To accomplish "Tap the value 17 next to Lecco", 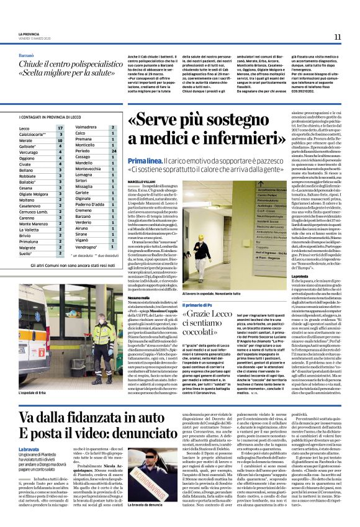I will point(60,128).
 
